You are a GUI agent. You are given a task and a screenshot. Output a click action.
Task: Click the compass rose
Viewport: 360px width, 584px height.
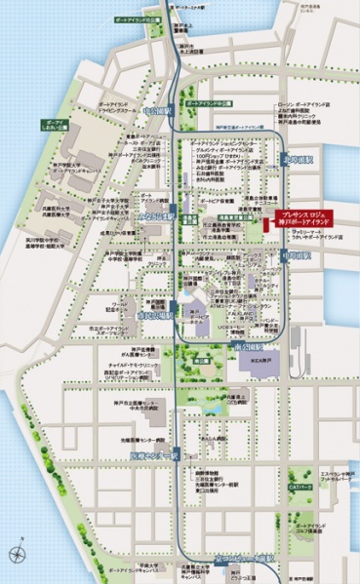18,554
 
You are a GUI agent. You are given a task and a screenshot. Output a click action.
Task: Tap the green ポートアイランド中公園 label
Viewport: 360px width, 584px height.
210,102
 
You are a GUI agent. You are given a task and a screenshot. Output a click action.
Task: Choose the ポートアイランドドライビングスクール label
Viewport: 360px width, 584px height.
120,107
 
